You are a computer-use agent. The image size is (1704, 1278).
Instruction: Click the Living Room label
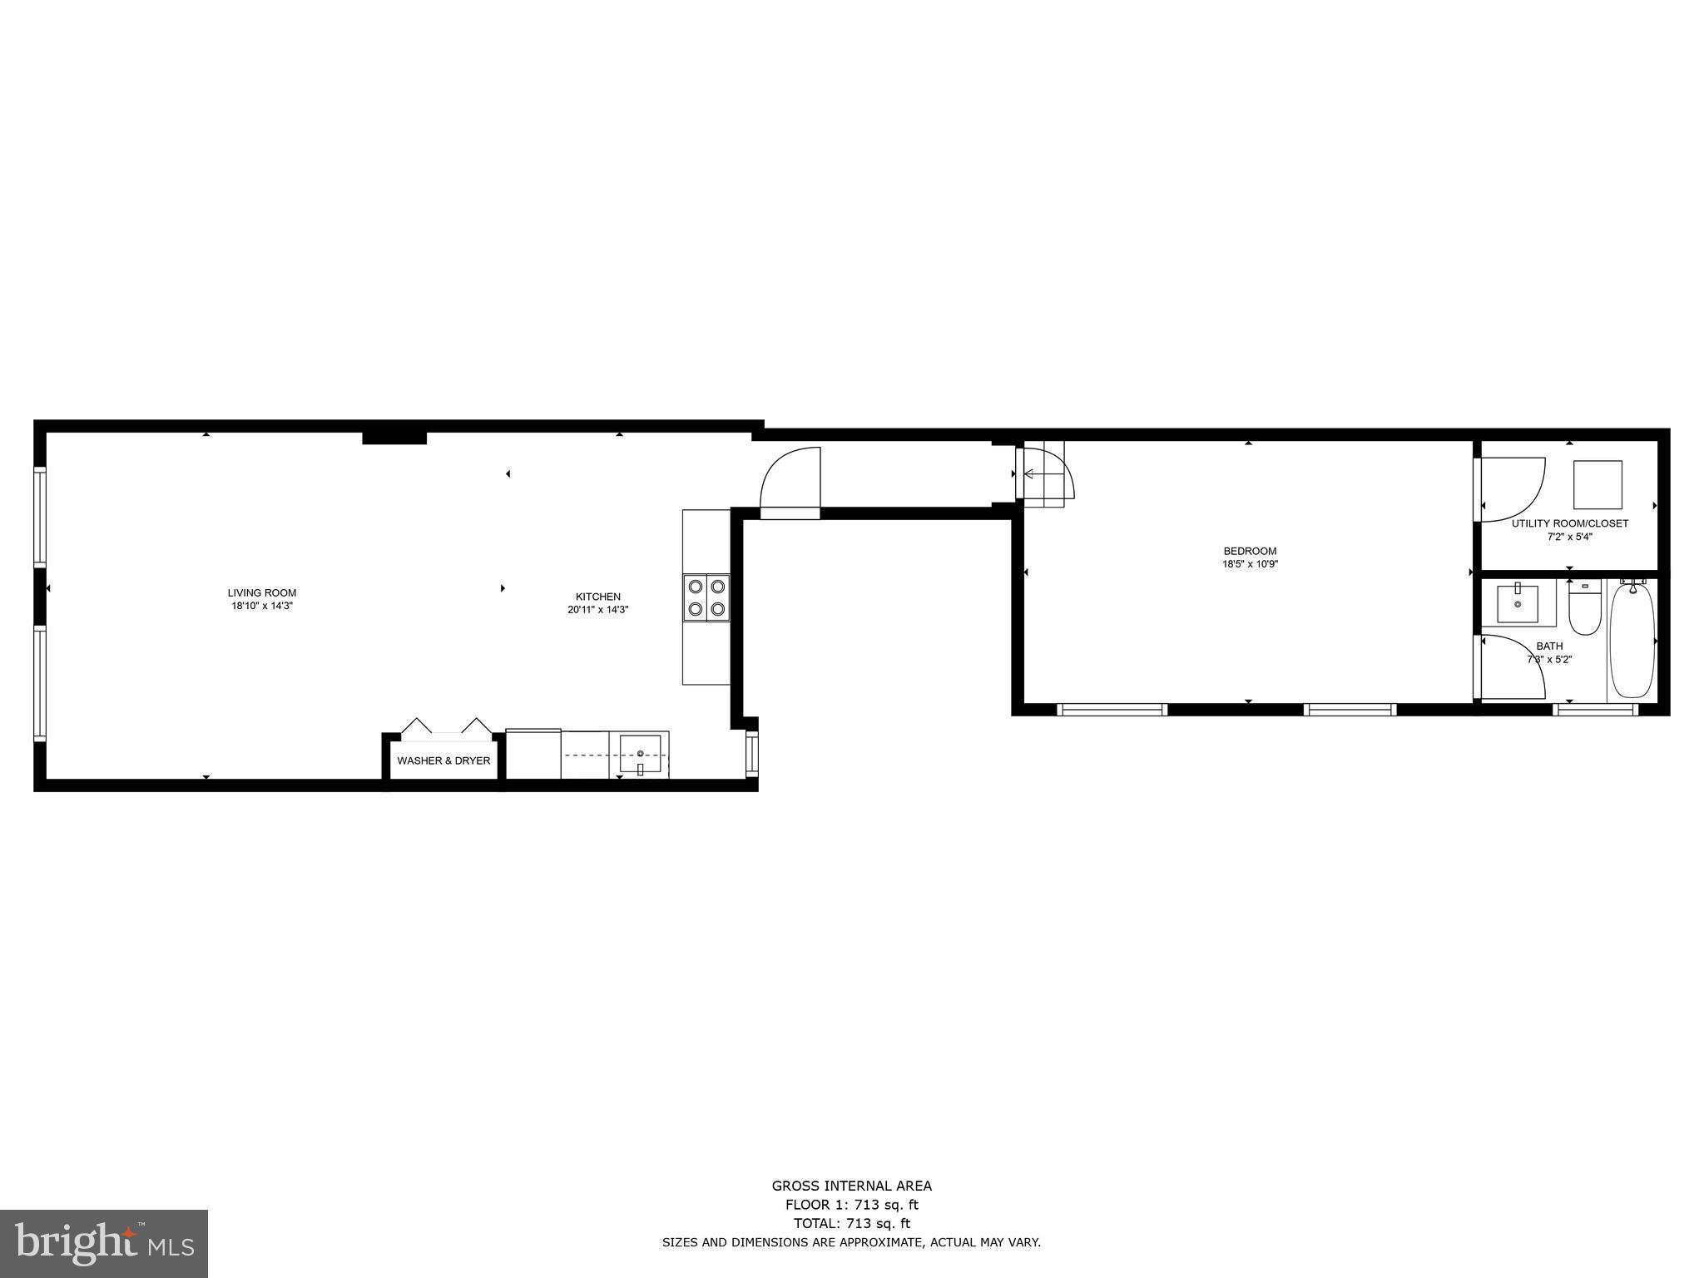click(262, 593)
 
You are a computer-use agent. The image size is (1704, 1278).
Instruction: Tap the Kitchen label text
click(598, 597)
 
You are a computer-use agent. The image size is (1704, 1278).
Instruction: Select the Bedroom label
click(1250, 551)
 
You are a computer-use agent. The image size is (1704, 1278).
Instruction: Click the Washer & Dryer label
click(443, 760)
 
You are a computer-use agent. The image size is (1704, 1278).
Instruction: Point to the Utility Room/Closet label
click(1570, 523)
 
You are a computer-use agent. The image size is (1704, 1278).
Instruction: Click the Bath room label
click(1549, 646)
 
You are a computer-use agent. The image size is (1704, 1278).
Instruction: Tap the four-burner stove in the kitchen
click(706, 597)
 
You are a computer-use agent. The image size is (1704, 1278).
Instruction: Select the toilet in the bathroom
click(1584, 607)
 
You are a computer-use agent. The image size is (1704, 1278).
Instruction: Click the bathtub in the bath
click(1632, 639)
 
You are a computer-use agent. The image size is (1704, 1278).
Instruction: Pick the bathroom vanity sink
click(1518, 603)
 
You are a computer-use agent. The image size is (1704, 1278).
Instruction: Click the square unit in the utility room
click(1597, 484)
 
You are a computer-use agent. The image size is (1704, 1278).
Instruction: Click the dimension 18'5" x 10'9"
click(1250, 564)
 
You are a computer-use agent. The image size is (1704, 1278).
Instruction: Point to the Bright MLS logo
click(104, 1244)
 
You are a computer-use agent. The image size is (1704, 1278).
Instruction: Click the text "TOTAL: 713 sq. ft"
click(851, 1223)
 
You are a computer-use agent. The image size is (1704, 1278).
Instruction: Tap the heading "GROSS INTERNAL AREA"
click(851, 1186)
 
